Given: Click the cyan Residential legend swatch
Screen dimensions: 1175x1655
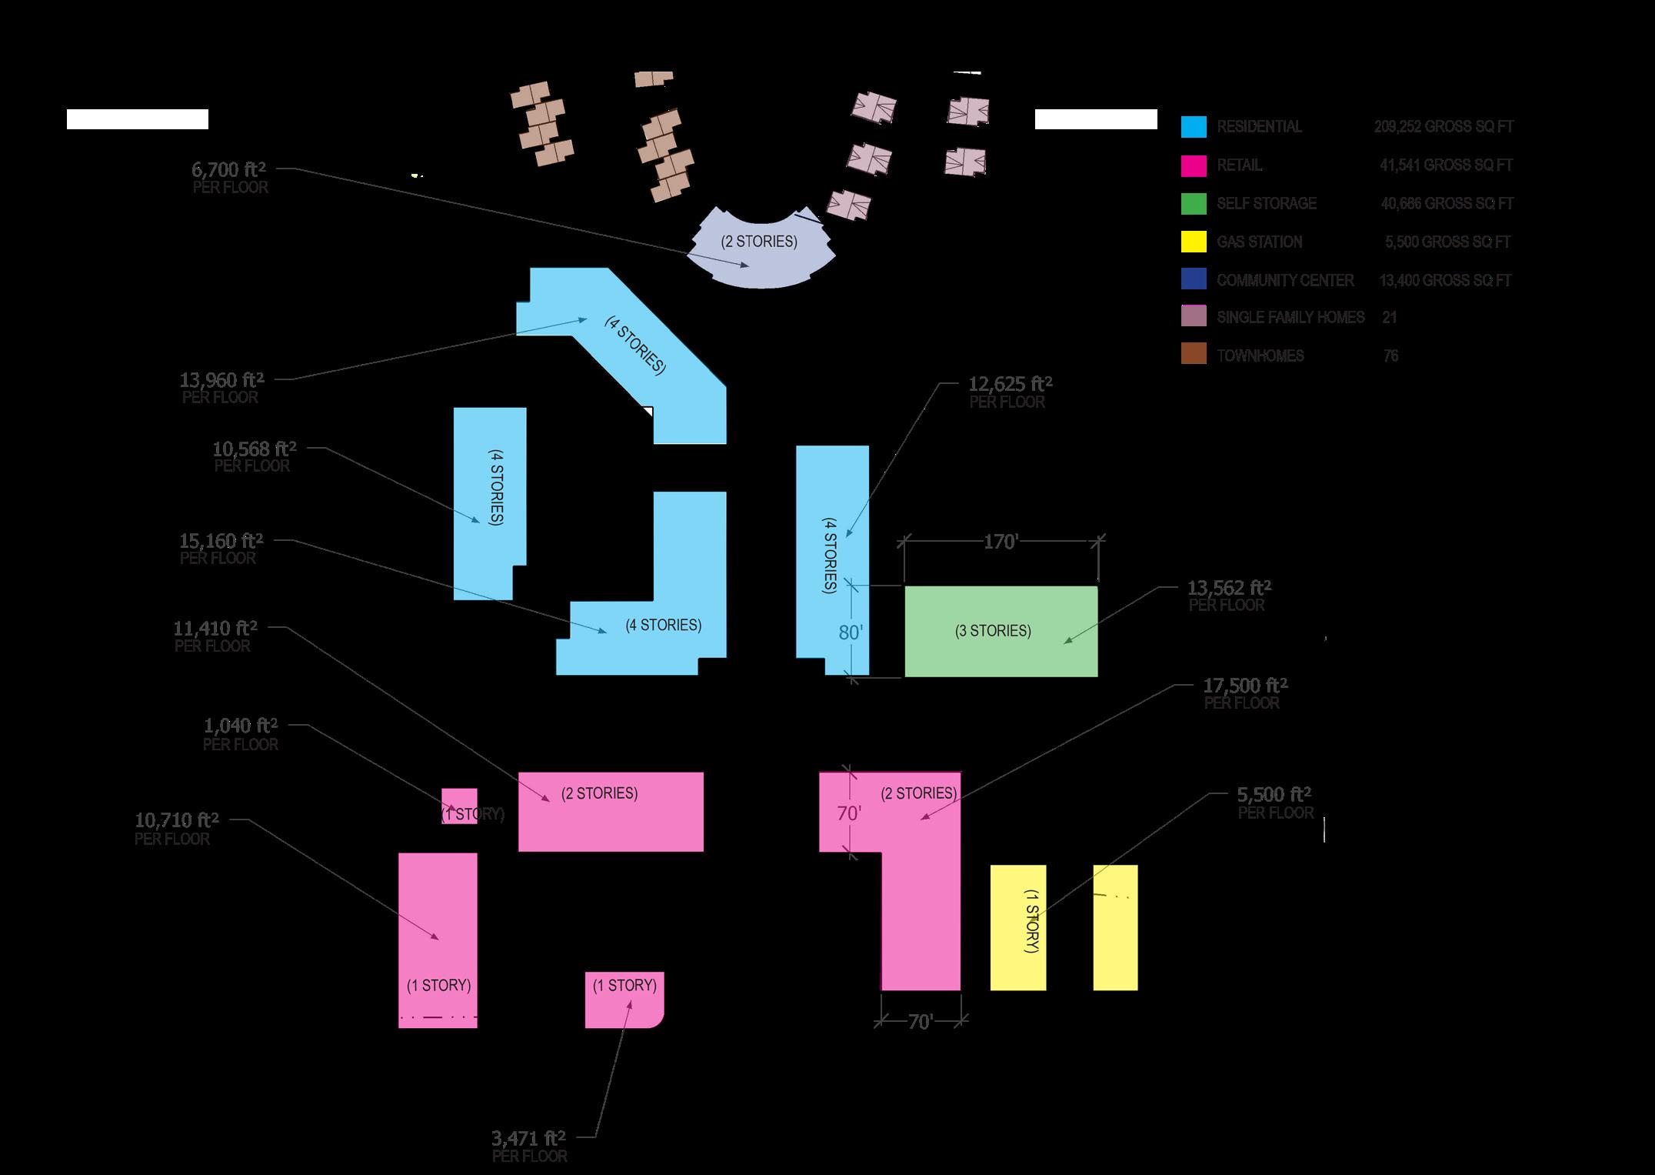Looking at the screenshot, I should click(x=1194, y=127).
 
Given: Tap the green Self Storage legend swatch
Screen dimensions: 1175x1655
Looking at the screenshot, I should click(x=1194, y=204).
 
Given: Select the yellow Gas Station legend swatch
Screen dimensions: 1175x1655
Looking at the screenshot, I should click(x=1194, y=242).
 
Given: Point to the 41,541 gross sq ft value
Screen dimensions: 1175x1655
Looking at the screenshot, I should click(x=1446, y=165).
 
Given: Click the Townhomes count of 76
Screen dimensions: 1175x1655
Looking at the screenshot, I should click(x=1390, y=356).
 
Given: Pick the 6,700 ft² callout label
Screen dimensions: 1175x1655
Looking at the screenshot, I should click(x=229, y=170).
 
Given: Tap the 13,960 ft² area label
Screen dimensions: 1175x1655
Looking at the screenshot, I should click(x=221, y=380).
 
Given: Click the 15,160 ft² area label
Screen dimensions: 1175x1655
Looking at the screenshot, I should click(x=221, y=541).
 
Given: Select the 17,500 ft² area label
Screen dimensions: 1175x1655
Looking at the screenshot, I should click(x=1245, y=686).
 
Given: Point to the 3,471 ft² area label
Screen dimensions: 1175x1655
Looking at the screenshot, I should click(x=528, y=1138).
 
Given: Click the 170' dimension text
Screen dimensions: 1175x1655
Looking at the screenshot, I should click(x=1001, y=542).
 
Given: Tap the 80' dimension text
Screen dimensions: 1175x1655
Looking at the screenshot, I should click(x=851, y=633).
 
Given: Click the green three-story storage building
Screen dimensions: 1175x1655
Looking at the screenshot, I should click(x=1001, y=654).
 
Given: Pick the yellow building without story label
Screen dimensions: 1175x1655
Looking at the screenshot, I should click(x=1115, y=927).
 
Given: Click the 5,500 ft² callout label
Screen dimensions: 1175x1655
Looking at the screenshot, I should click(x=1274, y=795).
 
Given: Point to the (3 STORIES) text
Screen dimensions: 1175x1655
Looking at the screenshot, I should click(x=993, y=631).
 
